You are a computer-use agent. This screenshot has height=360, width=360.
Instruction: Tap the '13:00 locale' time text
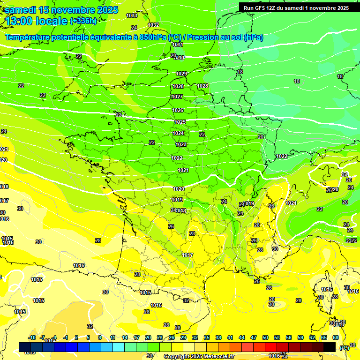[37, 21]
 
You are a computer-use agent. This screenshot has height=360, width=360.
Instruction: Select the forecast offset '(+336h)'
[83, 21]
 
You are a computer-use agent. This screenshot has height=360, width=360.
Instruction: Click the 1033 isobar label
[132, 16]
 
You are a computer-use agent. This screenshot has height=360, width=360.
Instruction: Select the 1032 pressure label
[153, 25]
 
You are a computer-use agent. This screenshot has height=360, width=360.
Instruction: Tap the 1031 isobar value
[178, 45]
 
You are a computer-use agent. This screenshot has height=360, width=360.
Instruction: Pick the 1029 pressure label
[181, 74]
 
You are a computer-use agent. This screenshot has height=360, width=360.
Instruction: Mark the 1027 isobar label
[177, 97]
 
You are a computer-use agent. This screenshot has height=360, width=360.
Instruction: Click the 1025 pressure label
[180, 122]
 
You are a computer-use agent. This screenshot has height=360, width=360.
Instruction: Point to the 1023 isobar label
[181, 144]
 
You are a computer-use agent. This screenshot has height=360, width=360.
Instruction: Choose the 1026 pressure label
[178, 110]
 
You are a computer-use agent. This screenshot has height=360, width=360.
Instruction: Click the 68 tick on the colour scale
[336, 337]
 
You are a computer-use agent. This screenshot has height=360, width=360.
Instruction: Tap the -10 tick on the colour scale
[32, 337]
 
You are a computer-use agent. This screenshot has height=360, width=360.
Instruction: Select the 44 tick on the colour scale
[242, 337]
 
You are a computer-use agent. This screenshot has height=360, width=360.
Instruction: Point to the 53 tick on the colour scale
[277, 337]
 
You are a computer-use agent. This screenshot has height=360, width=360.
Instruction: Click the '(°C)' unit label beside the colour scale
[344, 347]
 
